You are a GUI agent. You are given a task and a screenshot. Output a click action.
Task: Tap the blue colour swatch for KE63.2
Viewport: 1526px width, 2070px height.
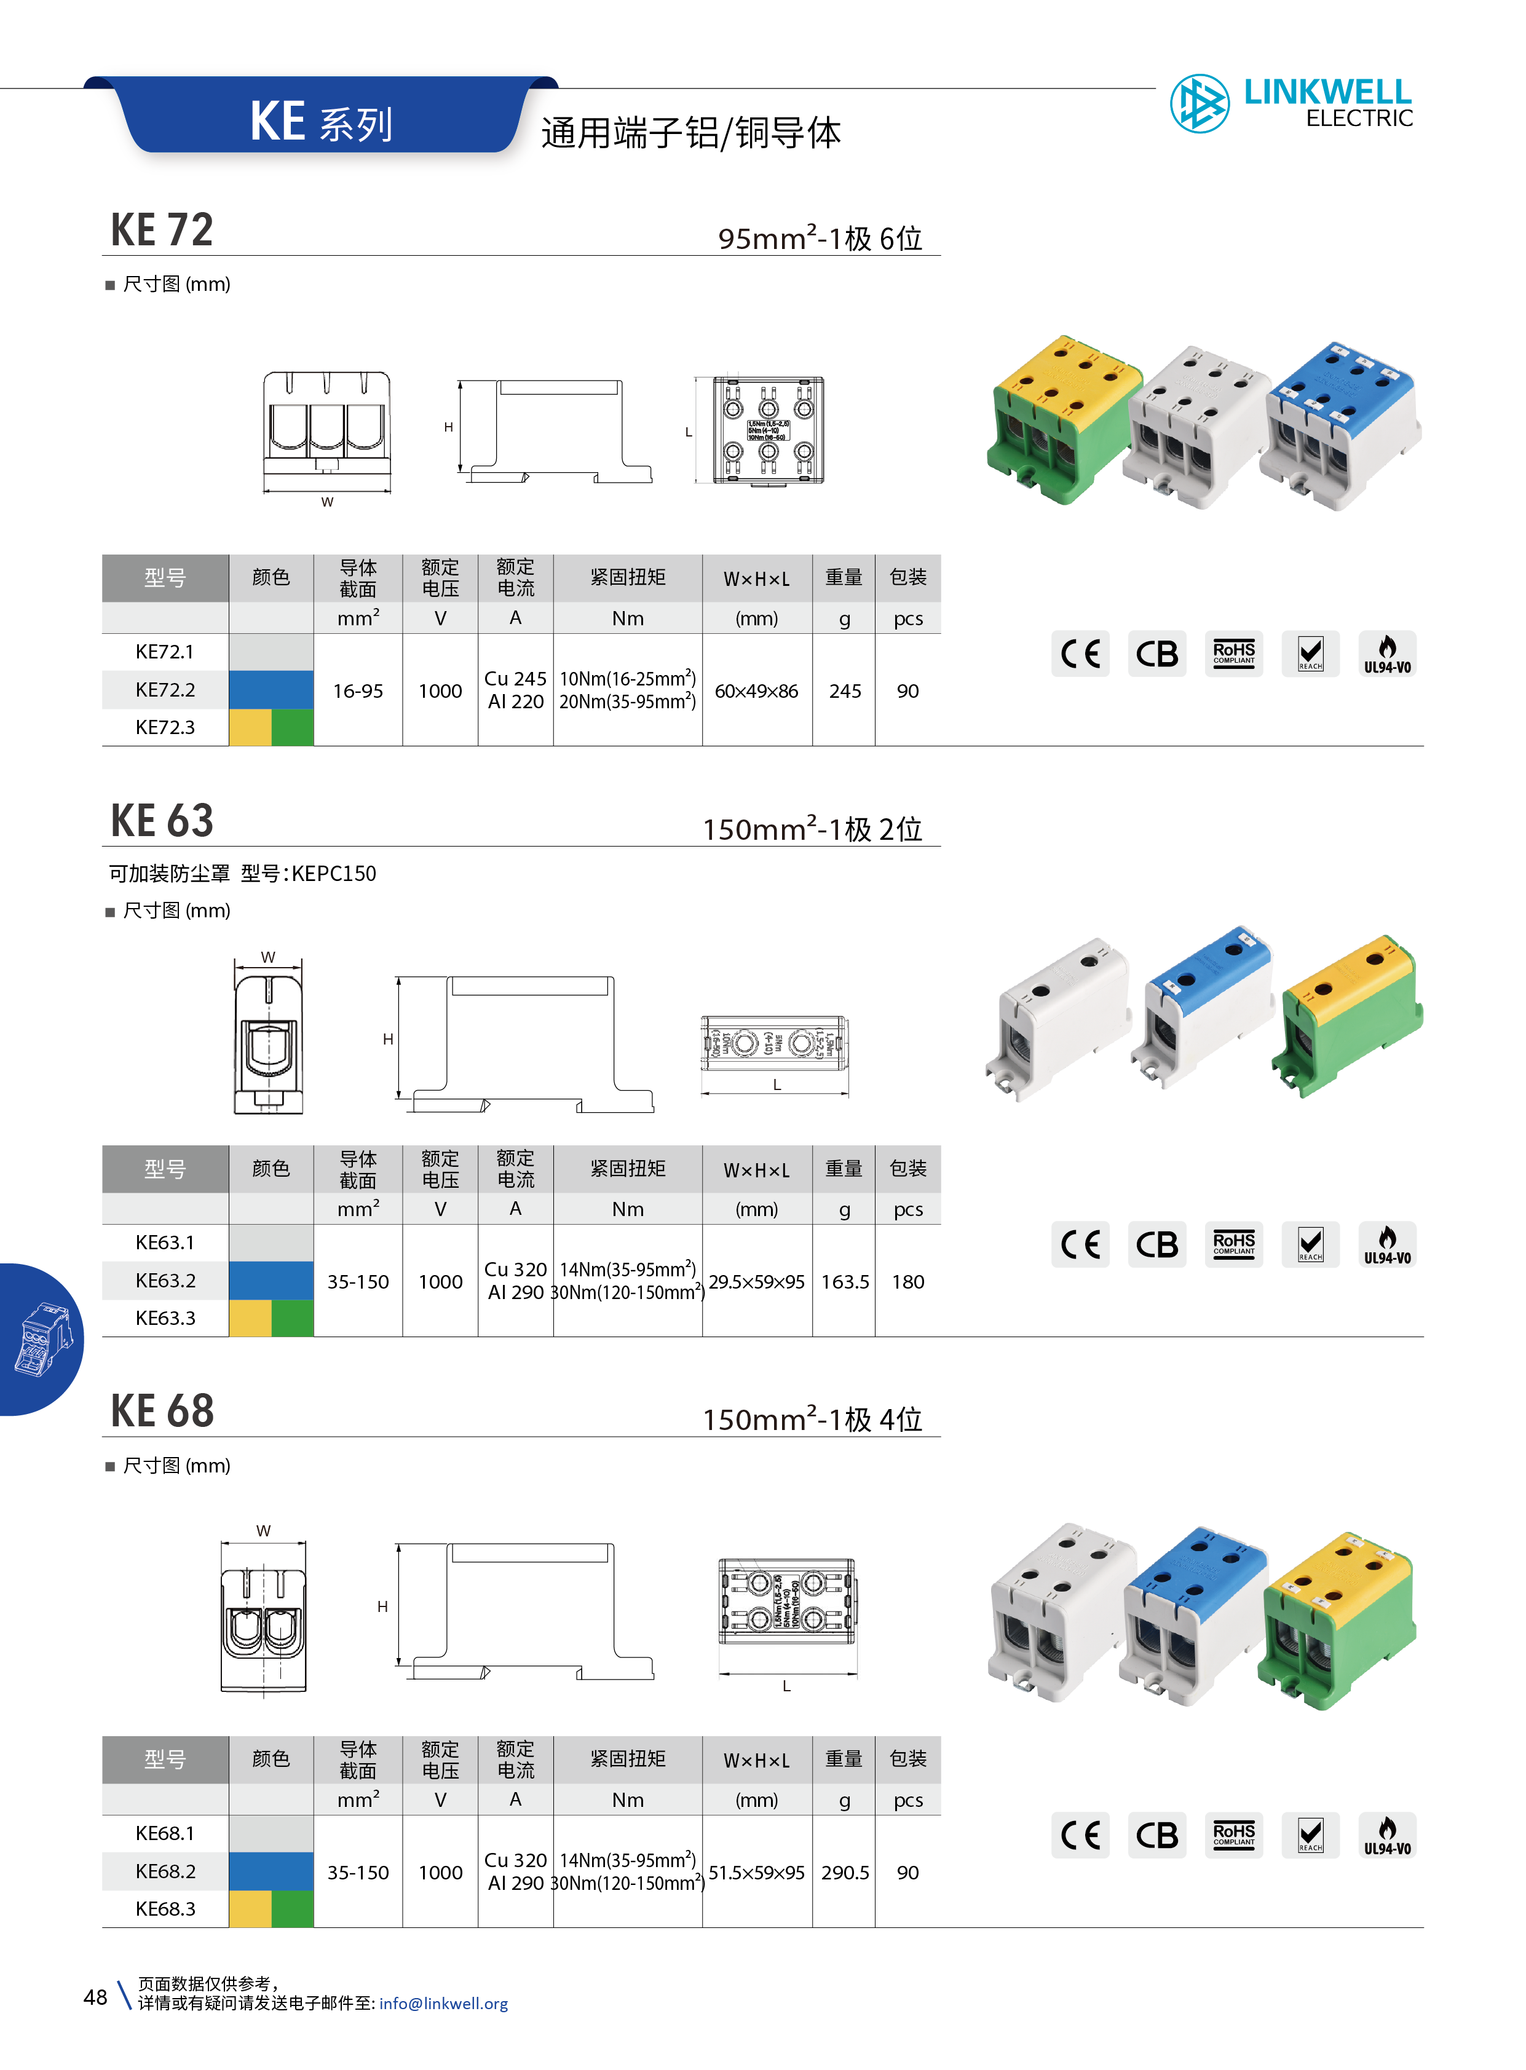271,1280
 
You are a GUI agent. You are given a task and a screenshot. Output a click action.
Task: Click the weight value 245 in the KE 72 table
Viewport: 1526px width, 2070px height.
844,691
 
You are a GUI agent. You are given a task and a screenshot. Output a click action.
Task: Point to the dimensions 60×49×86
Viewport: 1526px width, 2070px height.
756,691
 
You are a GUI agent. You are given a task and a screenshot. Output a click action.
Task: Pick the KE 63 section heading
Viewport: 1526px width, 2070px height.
162,820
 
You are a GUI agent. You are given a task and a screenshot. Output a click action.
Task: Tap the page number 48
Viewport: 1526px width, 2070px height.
95,1997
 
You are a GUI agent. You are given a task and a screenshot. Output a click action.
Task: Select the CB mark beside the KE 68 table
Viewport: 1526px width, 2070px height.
1156,1835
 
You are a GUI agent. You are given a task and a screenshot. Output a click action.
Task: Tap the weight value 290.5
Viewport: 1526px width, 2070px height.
844,1872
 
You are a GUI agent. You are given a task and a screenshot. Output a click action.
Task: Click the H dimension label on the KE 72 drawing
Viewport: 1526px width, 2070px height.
448,427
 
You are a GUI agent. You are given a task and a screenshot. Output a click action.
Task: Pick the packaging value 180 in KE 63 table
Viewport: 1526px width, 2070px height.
907,1281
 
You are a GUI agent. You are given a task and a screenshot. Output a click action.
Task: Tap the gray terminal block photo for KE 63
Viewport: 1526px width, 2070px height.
1062,1016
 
